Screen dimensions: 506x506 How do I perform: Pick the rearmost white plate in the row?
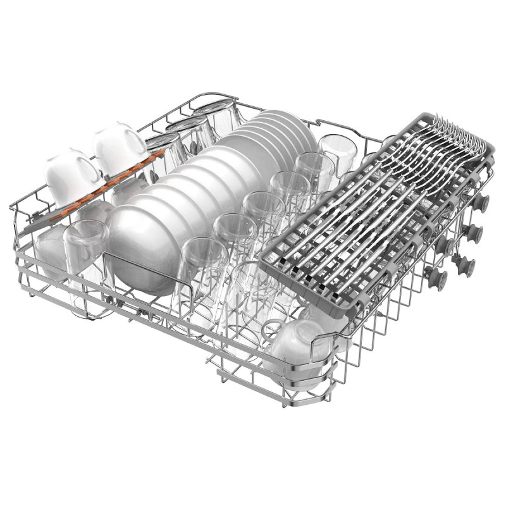[x=288, y=126]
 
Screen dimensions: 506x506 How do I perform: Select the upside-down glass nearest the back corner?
[x=218, y=117]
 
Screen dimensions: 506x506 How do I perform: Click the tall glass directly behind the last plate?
[x=338, y=152]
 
